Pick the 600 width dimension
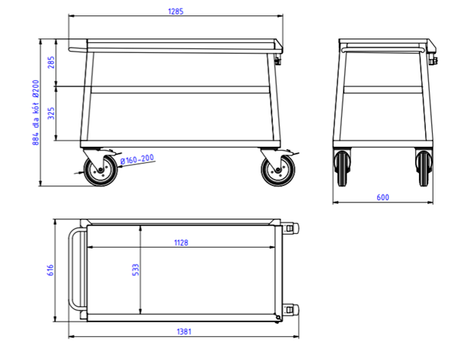coord(383,198)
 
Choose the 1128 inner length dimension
coord(181,242)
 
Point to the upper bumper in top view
coord(290,229)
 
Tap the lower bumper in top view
coord(290,309)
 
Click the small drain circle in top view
coord(277,315)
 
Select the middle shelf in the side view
coord(181,89)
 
